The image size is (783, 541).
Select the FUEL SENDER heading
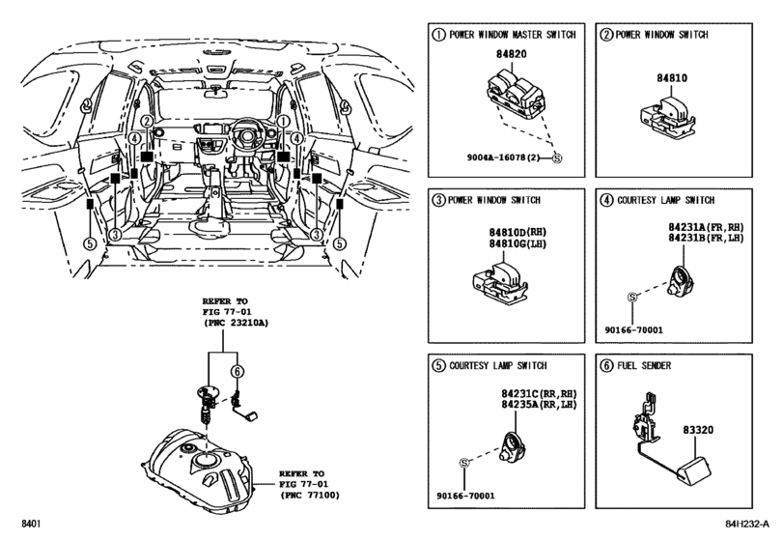tap(645, 367)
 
